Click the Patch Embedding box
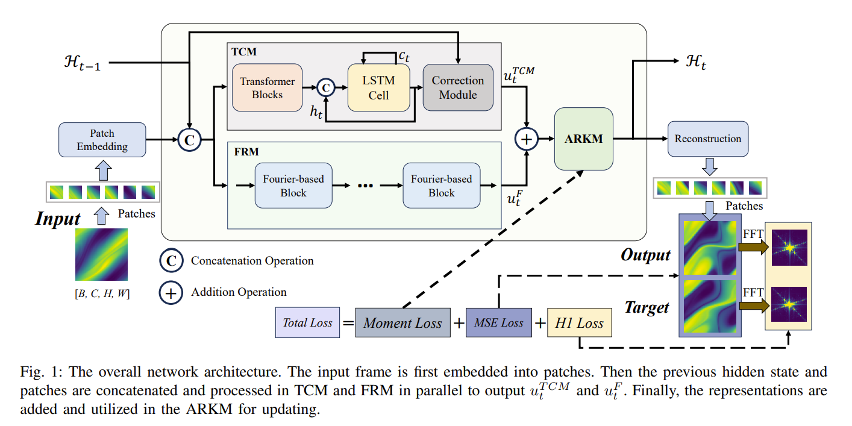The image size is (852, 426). (x=102, y=140)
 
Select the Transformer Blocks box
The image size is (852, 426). (x=267, y=87)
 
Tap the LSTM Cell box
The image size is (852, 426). (x=378, y=87)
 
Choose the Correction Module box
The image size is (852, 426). (x=457, y=87)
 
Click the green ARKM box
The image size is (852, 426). (x=583, y=139)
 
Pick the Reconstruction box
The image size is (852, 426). (x=707, y=139)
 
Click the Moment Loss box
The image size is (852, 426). (x=403, y=323)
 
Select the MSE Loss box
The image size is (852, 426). (x=498, y=323)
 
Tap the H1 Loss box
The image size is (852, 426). (x=579, y=324)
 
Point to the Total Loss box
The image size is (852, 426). (x=307, y=323)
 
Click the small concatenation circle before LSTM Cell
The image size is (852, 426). (x=326, y=88)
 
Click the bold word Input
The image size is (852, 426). (x=58, y=218)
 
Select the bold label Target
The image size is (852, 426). (x=646, y=307)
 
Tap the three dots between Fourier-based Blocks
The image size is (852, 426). (x=366, y=186)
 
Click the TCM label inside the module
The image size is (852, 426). (x=244, y=52)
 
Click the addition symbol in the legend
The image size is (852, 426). (x=172, y=293)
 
